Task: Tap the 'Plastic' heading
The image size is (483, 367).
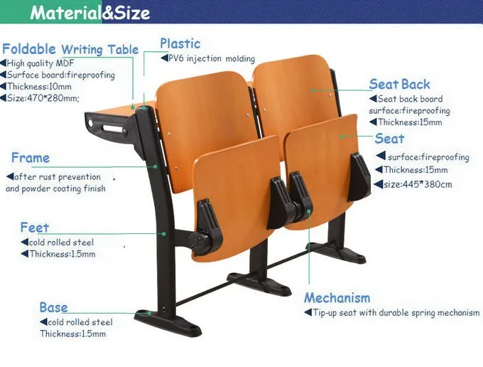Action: [180, 43]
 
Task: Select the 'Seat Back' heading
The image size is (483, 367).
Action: [399, 85]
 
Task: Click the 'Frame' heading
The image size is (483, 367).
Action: [31, 158]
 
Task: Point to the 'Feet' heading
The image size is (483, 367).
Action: [35, 228]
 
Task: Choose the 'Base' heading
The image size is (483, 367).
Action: [53, 307]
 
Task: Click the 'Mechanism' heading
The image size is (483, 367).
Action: [337, 298]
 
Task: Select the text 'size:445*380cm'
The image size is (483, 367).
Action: [415, 184]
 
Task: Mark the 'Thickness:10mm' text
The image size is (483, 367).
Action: [38, 87]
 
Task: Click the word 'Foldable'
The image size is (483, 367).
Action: [29, 49]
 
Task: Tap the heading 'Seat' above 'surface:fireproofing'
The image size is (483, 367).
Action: [389, 139]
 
